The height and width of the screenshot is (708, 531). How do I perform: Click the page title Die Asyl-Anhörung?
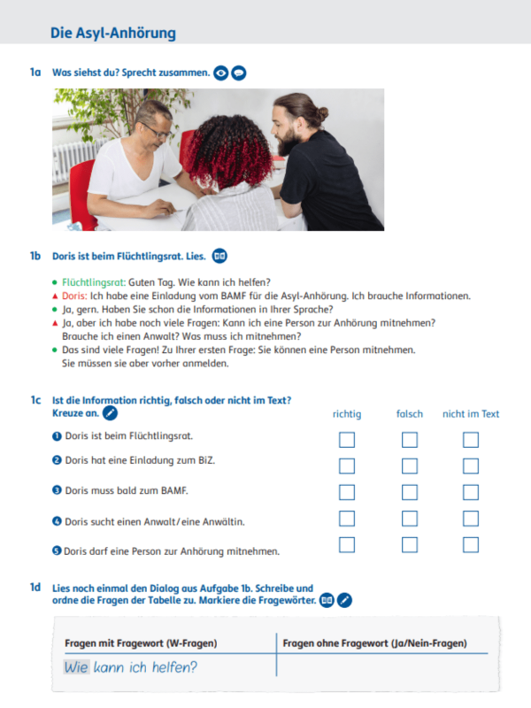[113, 34]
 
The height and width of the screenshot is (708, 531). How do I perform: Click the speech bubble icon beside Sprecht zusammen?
[239, 73]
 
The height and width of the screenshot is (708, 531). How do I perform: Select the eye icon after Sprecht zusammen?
[221, 73]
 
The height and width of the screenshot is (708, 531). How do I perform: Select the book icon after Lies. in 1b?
[219, 257]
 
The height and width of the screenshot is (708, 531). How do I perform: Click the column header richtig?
[347, 413]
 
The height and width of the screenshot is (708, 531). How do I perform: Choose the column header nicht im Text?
[471, 413]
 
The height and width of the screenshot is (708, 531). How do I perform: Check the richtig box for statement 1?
[347, 439]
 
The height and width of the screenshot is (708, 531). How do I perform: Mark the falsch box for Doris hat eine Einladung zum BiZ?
[409, 466]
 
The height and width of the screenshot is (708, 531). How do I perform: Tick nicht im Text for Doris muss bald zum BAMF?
[471, 492]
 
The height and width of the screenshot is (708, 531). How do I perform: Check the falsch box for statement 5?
[409, 545]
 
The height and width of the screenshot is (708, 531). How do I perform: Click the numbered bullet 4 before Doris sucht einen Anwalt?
[57, 521]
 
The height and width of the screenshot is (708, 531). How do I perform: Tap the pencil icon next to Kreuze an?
[110, 412]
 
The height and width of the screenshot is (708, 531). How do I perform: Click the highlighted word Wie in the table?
[76, 666]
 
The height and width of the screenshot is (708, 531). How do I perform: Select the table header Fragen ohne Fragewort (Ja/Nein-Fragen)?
[375, 643]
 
